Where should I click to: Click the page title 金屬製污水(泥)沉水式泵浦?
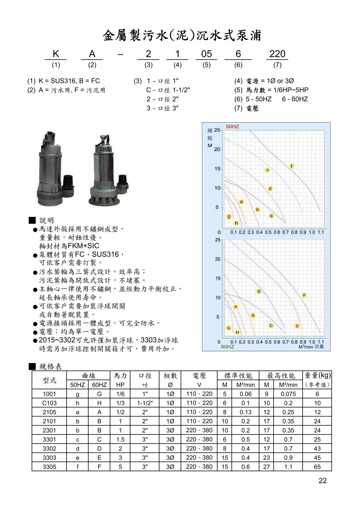coord(182,35)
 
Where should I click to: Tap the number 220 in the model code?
coord(277,54)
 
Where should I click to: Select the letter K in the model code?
coord(56,54)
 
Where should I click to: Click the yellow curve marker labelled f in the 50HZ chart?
coord(292,166)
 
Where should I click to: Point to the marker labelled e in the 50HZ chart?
coord(267,170)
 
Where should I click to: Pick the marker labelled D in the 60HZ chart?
coord(259,291)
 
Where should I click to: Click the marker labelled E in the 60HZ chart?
coord(298,326)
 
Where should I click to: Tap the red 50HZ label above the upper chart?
coord(233,127)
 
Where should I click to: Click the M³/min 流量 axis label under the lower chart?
coord(311,346)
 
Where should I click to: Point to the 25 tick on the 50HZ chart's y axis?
coord(217,130)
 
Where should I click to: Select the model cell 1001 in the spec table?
coord(50,394)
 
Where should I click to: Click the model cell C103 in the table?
coord(50,403)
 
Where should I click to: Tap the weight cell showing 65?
coord(317,467)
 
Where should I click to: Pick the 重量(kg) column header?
coord(317,375)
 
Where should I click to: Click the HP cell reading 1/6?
coord(120,394)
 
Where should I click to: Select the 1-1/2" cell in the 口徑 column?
coord(145,403)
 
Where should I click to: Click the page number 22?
coord(323,480)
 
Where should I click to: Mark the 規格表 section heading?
coord(51,366)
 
